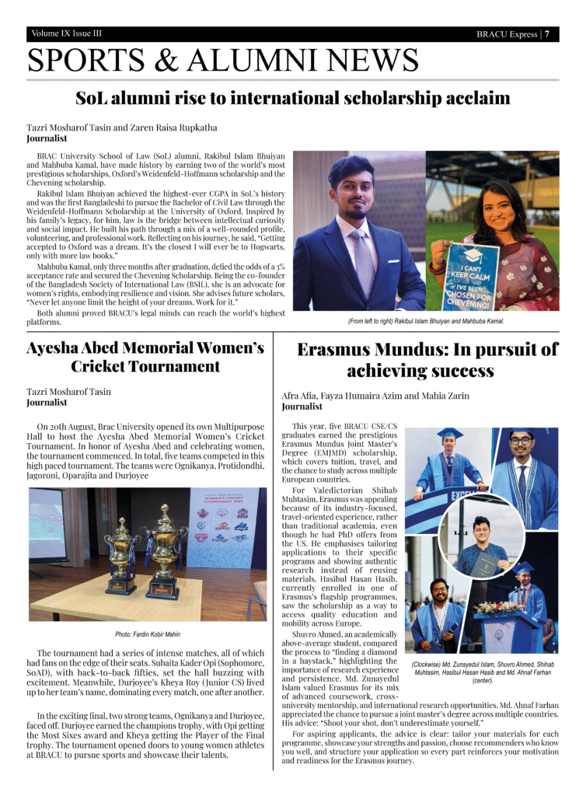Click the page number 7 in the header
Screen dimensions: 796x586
coord(548,34)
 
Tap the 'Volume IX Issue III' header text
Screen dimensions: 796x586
coord(67,33)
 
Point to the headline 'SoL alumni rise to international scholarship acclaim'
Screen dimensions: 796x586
coord(292,99)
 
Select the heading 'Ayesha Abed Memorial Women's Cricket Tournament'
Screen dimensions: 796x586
coord(145,357)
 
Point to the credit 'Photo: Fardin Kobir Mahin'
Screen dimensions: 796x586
coord(148,634)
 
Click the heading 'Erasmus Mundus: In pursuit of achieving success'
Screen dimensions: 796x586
coord(427,360)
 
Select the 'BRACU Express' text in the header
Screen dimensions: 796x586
coord(506,34)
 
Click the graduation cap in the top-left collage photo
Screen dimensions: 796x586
coord(448,434)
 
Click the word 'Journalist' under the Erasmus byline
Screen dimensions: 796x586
coord(302,407)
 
